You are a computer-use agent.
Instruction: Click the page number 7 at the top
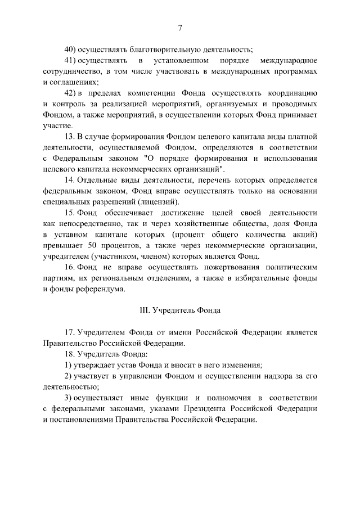pyautogui.click(x=180, y=28)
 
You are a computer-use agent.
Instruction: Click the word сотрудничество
pyautogui.click(x=71, y=71)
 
